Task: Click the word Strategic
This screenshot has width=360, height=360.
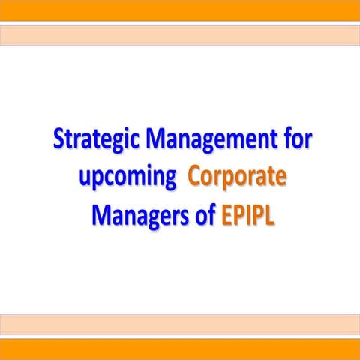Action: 96,140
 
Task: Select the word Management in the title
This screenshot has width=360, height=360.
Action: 211,140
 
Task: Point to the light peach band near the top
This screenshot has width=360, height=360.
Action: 180,34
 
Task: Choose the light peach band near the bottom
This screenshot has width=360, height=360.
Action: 180,325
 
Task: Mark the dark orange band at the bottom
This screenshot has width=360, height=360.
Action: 180,349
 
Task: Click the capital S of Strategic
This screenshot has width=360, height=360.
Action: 61,140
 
